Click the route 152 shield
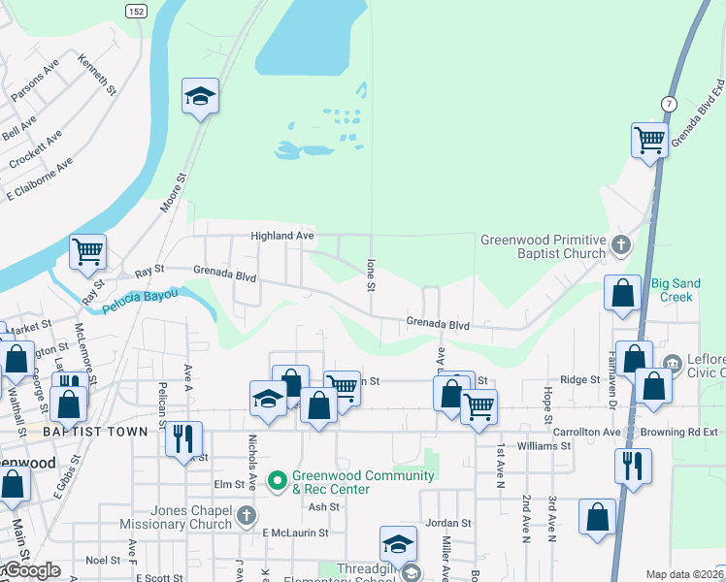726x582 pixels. point(136,9)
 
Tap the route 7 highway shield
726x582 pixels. point(668,104)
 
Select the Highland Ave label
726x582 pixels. point(282,236)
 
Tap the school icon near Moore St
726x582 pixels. point(200,96)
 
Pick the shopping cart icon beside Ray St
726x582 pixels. point(87,252)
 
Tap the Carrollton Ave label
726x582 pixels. point(585,431)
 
